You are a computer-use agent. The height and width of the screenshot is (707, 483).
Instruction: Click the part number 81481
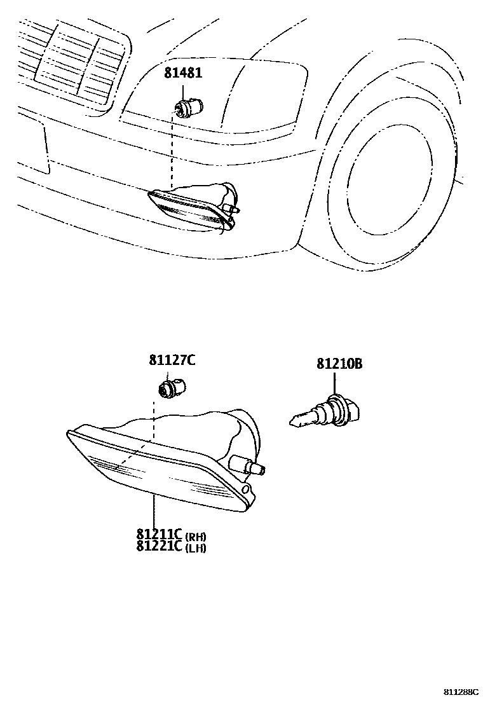click(x=184, y=73)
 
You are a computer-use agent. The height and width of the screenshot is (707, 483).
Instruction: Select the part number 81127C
click(x=172, y=360)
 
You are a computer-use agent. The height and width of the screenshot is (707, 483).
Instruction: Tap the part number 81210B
click(x=339, y=364)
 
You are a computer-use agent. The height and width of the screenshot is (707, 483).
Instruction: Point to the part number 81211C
click(x=158, y=535)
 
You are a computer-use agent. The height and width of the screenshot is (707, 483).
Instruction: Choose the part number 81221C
click(x=158, y=546)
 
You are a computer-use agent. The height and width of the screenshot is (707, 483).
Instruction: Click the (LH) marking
click(x=196, y=547)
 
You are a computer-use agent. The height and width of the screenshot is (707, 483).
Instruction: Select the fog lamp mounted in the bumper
click(x=191, y=207)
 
